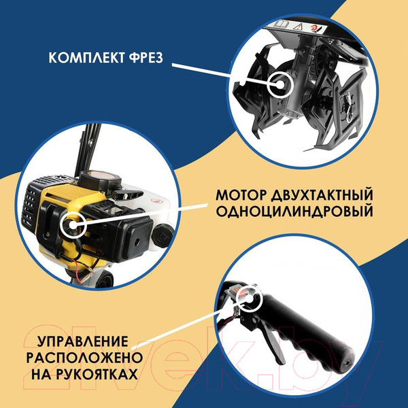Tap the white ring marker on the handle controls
click(248, 297)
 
